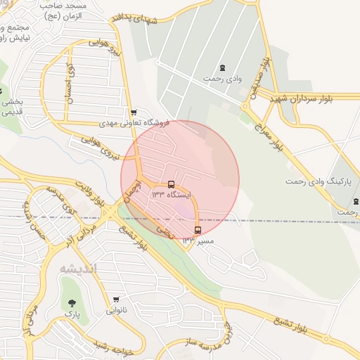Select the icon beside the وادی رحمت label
(223, 67)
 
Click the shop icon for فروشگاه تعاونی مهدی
(134, 112)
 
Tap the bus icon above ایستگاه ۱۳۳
(172, 184)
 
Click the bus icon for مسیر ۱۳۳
(198, 230)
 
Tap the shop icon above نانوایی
(116, 300)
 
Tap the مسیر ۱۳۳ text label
(198, 240)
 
